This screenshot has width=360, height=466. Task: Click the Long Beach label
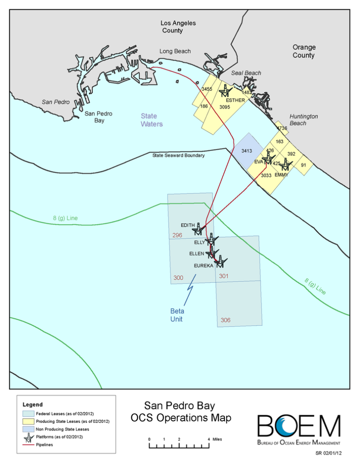pos(175,51)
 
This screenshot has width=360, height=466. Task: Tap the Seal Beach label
pos(246,73)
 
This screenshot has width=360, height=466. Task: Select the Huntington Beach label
pos(304,120)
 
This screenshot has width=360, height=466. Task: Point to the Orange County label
pos(304,51)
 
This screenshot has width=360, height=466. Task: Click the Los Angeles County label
pos(172,26)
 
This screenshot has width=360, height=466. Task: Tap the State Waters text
pos(151,120)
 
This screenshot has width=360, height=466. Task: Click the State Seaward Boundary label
pos(178,155)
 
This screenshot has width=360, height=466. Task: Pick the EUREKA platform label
pos(203,266)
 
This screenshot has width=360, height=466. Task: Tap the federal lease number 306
pos(225,320)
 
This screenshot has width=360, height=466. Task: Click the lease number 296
pos(177,236)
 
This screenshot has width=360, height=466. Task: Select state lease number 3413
pos(247,150)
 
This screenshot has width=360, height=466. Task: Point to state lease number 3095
pos(225,107)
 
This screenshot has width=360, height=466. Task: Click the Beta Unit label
pos(177,315)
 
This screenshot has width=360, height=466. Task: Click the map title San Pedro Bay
pos(180,406)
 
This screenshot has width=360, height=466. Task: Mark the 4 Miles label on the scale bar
pos(215,439)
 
